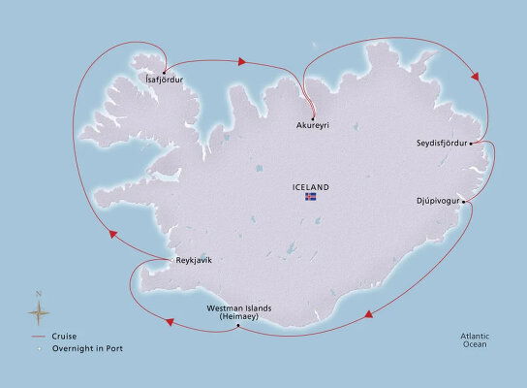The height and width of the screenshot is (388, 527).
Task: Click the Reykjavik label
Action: [193, 260]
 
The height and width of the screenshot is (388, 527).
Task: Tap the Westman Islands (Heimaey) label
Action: [239, 312]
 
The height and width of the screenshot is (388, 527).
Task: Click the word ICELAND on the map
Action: [310, 186]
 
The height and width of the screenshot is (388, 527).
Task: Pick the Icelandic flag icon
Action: [311, 197]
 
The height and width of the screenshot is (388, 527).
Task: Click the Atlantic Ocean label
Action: [476, 339]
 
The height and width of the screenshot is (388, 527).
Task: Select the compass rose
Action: [39, 311]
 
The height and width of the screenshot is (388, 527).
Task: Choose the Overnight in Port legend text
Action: [90, 347]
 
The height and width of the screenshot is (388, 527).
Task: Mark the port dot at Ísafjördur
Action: [164, 71]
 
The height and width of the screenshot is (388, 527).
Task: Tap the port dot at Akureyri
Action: [313, 115]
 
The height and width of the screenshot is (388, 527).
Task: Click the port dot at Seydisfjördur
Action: [471, 144]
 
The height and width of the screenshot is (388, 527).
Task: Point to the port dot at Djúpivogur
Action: [464, 201]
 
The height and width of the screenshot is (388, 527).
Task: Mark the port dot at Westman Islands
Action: [237, 325]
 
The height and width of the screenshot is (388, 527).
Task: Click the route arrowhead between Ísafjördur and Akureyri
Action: [241, 62]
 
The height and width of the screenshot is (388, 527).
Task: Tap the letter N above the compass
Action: [38, 293]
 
